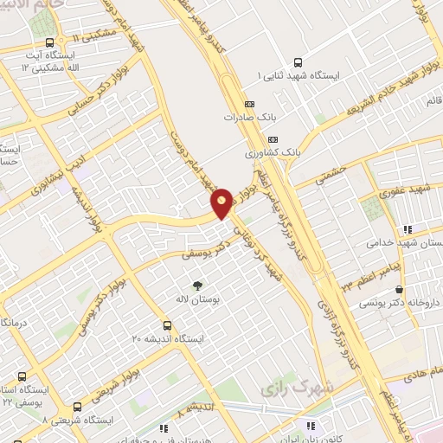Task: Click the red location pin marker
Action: pyautogui.click(x=221, y=203)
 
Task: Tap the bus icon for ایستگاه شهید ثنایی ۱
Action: pyautogui.click(x=298, y=62)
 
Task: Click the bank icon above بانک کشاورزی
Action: pyautogui.click(x=273, y=139)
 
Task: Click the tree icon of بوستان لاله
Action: pyautogui.click(x=197, y=286)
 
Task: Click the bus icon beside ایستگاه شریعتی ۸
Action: pyautogui.click(x=79, y=406)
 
